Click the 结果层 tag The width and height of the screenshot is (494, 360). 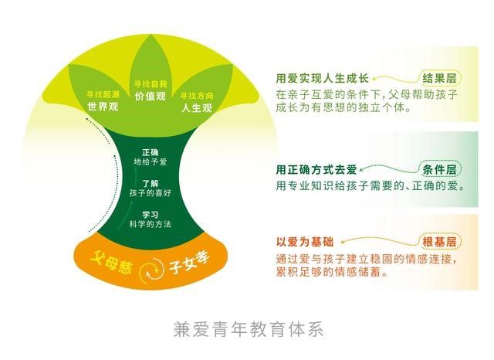439,78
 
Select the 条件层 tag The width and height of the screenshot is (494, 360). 439,170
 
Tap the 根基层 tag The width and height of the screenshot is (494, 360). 439,242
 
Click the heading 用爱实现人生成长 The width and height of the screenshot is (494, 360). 323,78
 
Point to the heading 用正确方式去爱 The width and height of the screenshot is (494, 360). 316,170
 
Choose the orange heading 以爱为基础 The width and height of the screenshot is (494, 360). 305,242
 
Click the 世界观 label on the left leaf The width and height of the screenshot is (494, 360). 103,107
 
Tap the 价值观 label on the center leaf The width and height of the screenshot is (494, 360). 151,96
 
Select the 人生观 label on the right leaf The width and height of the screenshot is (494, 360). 197,108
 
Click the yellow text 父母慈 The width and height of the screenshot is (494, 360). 110,263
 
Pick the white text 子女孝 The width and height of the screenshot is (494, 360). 189,263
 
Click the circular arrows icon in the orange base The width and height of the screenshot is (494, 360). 152,270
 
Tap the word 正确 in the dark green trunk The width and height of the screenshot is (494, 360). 151,152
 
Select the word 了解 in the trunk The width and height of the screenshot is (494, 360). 151,183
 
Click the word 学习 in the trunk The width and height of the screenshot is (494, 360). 151,215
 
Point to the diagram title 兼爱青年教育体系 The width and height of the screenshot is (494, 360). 249,329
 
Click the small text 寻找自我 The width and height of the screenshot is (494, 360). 151,84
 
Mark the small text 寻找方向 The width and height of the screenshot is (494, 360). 197,96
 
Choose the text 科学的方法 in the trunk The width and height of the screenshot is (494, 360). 151,224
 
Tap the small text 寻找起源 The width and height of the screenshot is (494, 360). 103,94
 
